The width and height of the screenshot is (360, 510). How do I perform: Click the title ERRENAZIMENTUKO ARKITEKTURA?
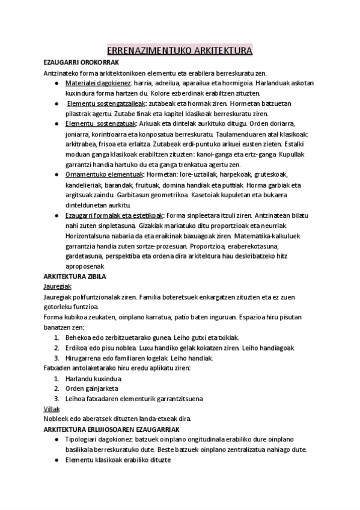pos(180,51)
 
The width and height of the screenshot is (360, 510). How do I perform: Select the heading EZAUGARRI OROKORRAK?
pos(81,62)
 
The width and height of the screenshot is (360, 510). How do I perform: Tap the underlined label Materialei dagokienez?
pos(97,82)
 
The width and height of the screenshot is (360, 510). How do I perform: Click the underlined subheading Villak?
pos(52,408)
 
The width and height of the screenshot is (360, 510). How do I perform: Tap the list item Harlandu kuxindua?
pos(93,379)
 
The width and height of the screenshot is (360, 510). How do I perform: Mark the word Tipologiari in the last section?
pos(82,439)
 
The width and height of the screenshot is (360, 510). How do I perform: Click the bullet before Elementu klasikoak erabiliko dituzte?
pos(56,460)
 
